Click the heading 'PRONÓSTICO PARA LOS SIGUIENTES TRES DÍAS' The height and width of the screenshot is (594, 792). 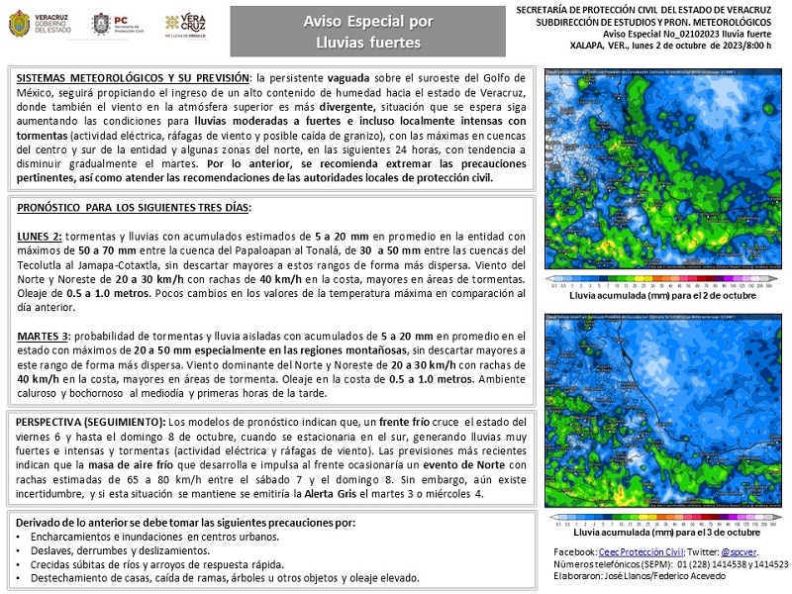pyautogui.click(x=135, y=208)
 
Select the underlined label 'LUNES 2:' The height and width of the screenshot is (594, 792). pyautogui.click(x=40, y=237)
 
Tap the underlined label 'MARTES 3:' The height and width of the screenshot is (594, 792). pyautogui.click(x=45, y=337)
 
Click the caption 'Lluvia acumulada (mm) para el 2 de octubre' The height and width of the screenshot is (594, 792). pyautogui.click(x=663, y=295)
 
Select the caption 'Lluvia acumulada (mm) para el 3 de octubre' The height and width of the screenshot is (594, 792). pyautogui.click(x=663, y=532)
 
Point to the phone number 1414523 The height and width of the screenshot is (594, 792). pyautogui.click(x=767, y=563)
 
